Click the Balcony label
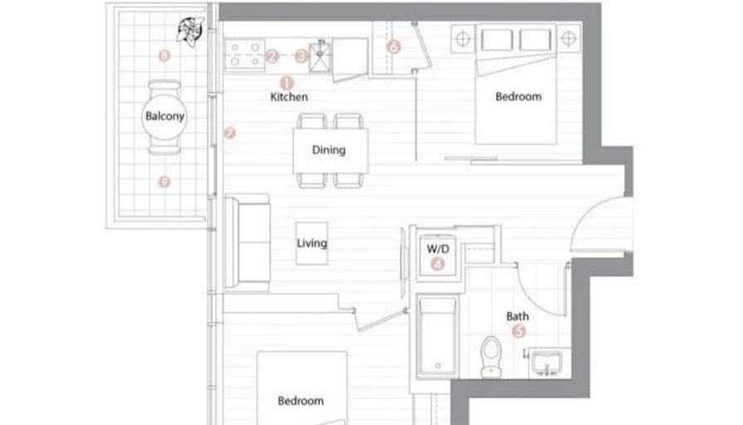[x=164, y=116]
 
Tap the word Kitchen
[x=289, y=97]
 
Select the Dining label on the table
[x=328, y=150]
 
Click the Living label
[x=312, y=243]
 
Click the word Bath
[x=518, y=316]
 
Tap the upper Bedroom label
[x=518, y=96]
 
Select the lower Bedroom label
[x=300, y=401]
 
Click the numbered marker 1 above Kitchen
[x=288, y=82]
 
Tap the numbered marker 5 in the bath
[x=519, y=331]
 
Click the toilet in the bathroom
[x=491, y=354]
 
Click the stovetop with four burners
[x=243, y=55]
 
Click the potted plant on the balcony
[x=189, y=32]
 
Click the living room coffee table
[x=312, y=244]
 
